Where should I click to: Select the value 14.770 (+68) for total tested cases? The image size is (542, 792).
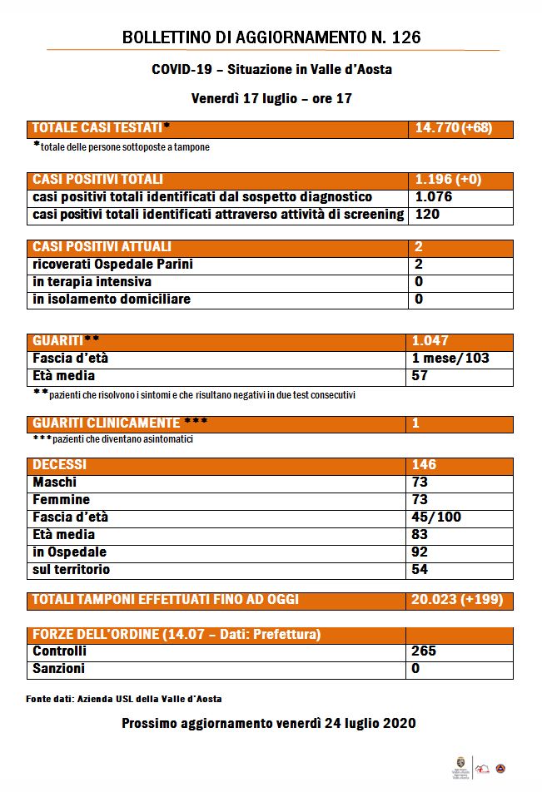[453, 128]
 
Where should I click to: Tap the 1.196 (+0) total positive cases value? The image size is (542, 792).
[448, 180]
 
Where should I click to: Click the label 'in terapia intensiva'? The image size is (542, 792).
[92, 282]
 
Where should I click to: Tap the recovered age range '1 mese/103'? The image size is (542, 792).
[450, 359]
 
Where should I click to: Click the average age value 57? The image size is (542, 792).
[420, 376]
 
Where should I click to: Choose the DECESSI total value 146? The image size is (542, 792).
[424, 465]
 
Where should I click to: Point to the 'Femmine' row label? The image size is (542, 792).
[62, 500]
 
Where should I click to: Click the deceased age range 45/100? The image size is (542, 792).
[436, 517]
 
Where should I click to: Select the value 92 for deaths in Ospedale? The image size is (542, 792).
[420, 552]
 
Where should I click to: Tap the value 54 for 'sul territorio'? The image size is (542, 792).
[420, 570]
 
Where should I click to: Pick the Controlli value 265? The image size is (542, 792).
[424, 651]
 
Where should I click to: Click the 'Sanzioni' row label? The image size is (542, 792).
[58, 669]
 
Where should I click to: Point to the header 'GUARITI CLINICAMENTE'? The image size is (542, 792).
[107, 423]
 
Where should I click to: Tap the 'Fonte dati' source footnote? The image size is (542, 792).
[124, 700]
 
